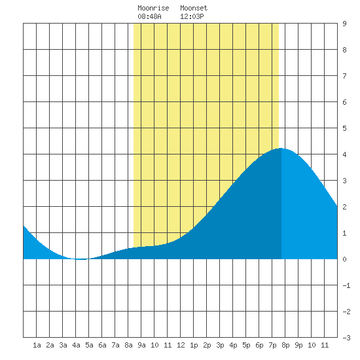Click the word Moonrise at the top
153,8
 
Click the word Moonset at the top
194,8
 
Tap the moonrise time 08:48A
149,16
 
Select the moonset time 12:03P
192,16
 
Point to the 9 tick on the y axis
344,24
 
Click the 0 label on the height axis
344,259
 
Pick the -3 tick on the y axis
346,338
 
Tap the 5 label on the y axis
344,128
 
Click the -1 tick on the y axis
346,285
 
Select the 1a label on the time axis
37,345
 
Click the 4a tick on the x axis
76,345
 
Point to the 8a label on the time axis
128,345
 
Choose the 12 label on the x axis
181,345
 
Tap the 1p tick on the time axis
194,345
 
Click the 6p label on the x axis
259,345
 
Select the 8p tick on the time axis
285,345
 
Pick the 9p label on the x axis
298,345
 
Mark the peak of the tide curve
281,148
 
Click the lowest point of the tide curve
81,259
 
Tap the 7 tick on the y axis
344,76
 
